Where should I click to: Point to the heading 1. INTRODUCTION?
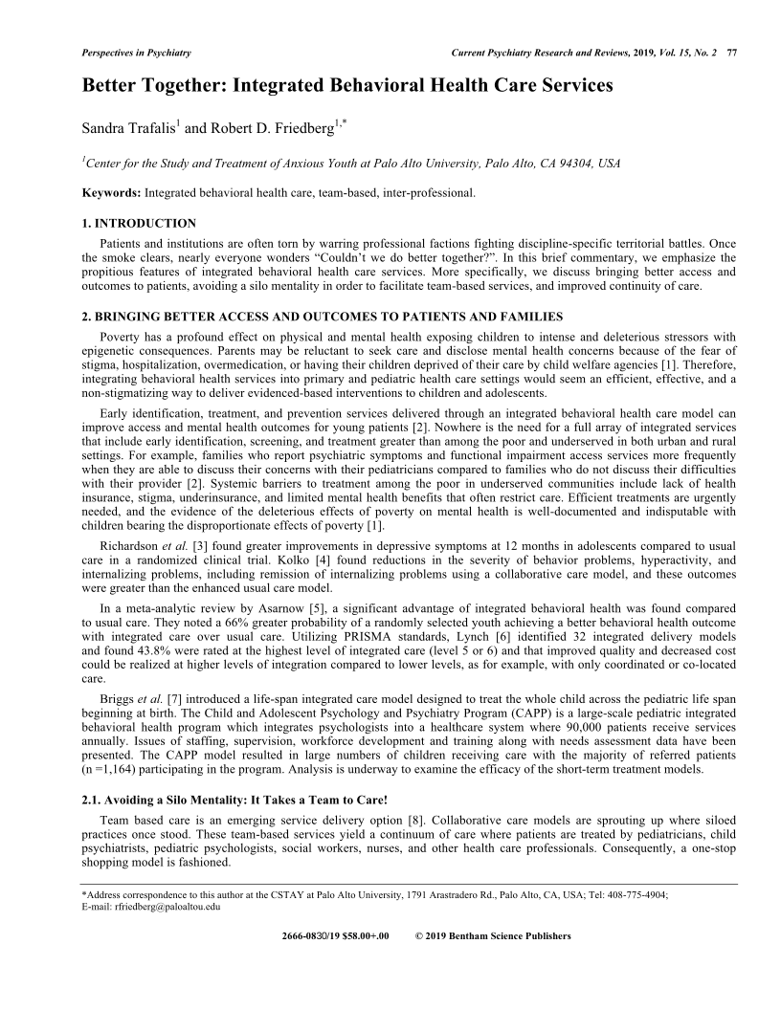[140, 224]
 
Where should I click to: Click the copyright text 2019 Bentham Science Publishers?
[500, 936]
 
